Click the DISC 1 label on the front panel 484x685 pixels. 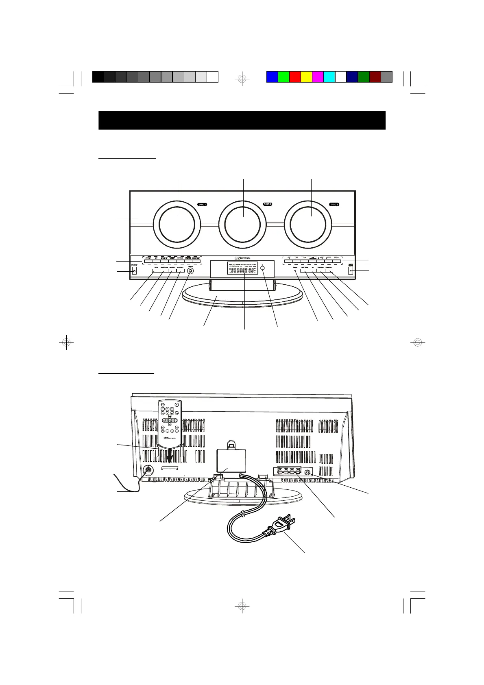coord(202,204)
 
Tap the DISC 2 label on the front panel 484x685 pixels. coord(267,204)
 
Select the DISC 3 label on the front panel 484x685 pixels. coord(334,205)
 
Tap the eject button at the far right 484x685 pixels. coord(351,271)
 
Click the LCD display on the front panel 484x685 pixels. coord(242,268)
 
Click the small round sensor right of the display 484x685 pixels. coord(263,268)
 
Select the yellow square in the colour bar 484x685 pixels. coord(306,77)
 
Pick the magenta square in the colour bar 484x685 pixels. coord(318,77)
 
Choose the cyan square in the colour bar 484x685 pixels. coord(329,77)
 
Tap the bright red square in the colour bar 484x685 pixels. coord(295,77)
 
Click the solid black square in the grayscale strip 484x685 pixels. coord(98,77)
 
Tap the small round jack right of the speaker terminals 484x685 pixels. coord(307,473)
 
